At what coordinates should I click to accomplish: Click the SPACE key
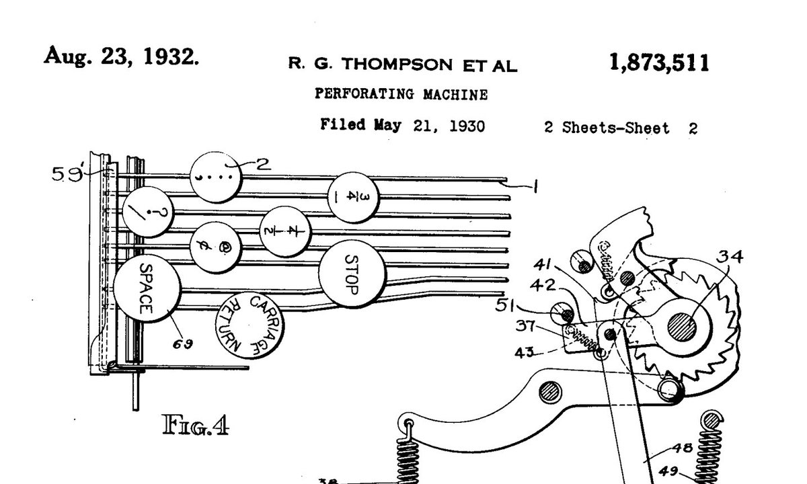tap(146, 289)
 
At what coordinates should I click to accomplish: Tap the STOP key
tap(352, 274)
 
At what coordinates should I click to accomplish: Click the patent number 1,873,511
tap(658, 63)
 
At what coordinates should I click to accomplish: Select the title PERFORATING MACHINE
tap(401, 95)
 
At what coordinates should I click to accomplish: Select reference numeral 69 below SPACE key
tap(182, 344)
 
